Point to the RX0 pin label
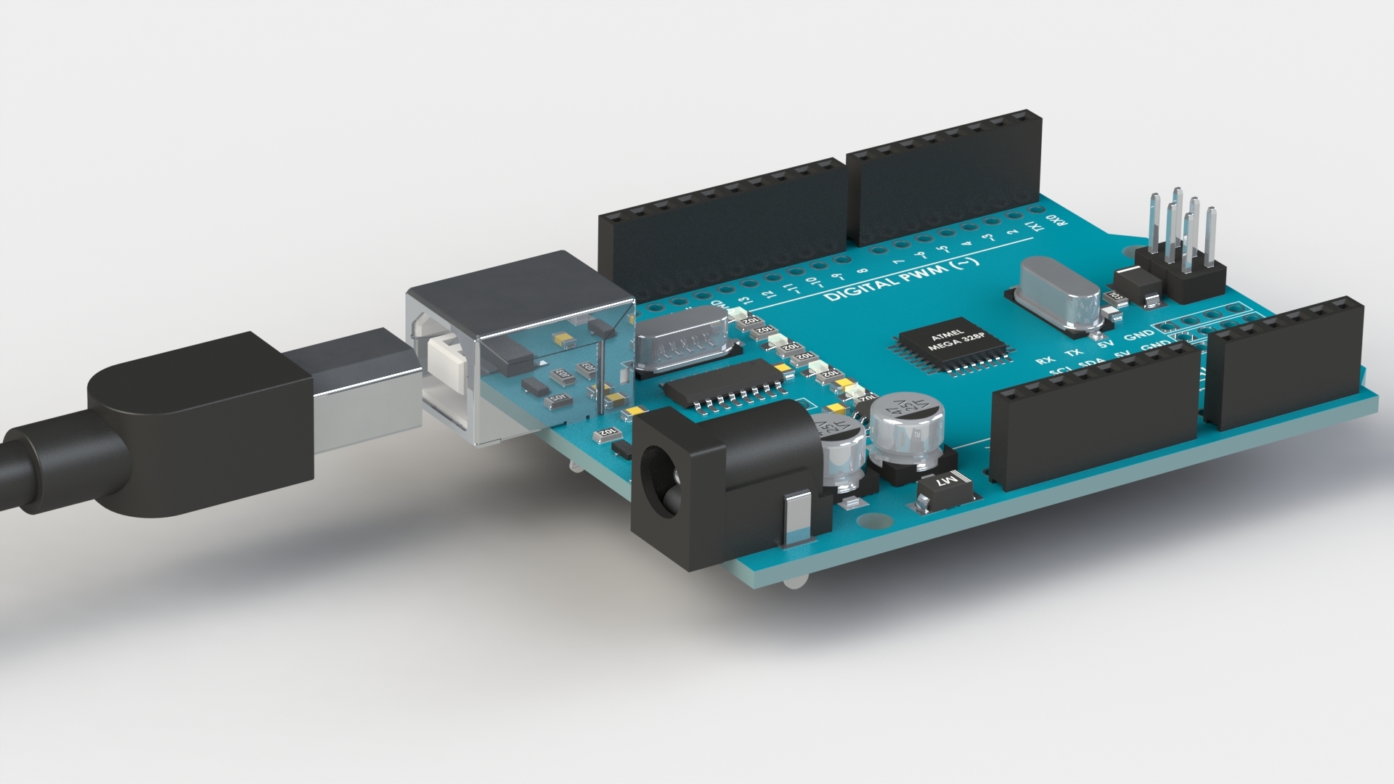(x=1057, y=221)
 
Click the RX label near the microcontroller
(x=1045, y=360)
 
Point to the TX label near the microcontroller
(x=1072, y=352)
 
